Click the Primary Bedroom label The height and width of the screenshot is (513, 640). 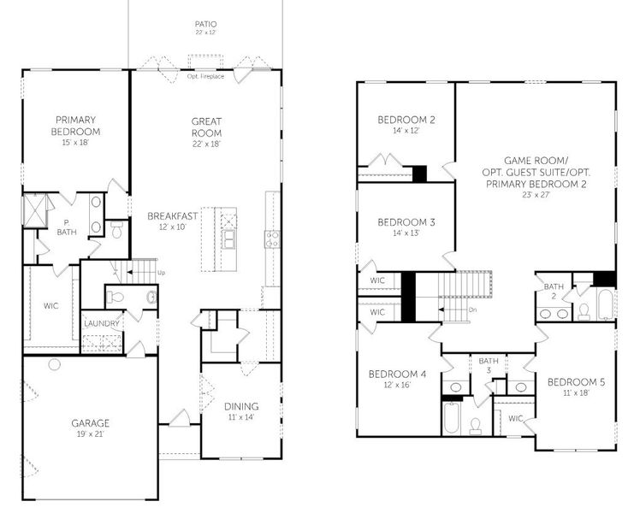(x=77, y=126)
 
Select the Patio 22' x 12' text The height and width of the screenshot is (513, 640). (x=205, y=28)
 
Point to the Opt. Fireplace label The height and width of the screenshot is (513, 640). (x=205, y=76)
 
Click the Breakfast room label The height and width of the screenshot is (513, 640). (x=172, y=221)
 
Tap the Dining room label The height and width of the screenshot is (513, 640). (x=241, y=411)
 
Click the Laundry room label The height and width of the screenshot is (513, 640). (x=101, y=323)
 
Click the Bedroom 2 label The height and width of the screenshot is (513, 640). (x=406, y=125)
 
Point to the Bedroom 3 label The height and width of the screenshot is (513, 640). (x=406, y=227)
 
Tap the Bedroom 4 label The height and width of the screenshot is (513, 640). (x=395, y=379)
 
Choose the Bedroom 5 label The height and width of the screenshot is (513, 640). (x=575, y=386)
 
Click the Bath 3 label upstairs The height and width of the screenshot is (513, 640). (x=489, y=365)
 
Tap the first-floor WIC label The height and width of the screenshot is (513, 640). (x=50, y=305)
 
